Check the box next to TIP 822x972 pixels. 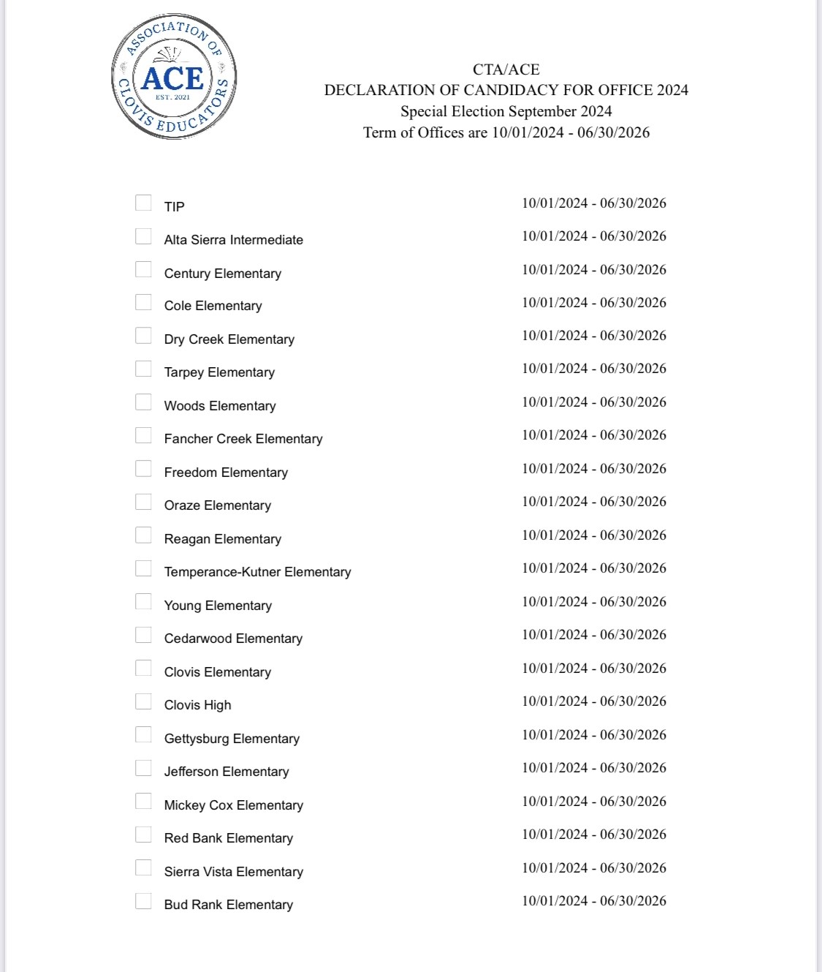(143, 203)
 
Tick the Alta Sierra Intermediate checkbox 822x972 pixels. (143, 236)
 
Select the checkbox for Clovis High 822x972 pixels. (143, 701)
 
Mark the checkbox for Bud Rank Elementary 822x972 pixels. (143, 901)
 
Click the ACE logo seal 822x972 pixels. (174, 77)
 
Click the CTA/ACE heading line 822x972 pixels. (506, 69)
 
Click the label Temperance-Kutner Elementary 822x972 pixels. (257, 572)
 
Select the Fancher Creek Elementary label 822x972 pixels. (243, 439)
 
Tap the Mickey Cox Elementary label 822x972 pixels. (233, 805)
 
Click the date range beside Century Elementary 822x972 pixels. (593, 270)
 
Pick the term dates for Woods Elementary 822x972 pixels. (593, 402)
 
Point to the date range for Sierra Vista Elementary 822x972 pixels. (593, 868)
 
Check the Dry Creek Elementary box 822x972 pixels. (143, 336)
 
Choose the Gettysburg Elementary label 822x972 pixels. (232, 739)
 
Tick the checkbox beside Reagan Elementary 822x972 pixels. (143, 535)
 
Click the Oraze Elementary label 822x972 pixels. (217, 505)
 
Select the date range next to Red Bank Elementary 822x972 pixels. (593, 835)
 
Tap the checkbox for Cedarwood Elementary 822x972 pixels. (143, 635)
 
